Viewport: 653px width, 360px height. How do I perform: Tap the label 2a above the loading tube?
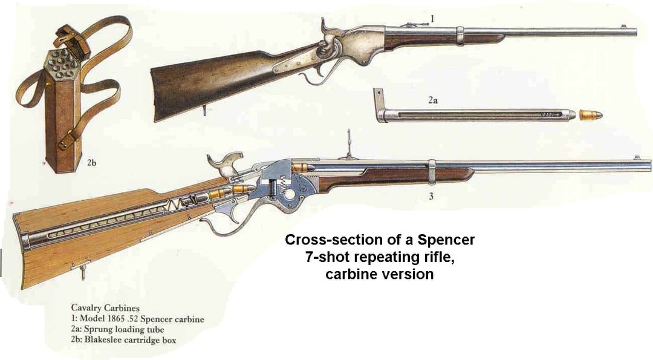click(x=432, y=101)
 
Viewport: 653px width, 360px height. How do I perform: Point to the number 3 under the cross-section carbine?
click(x=431, y=196)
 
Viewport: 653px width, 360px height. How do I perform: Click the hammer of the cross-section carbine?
click(x=221, y=164)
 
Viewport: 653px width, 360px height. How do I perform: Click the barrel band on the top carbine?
click(x=460, y=35)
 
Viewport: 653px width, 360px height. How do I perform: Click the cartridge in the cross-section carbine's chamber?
click(x=302, y=166)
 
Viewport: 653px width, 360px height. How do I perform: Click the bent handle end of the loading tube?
click(x=380, y=104)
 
